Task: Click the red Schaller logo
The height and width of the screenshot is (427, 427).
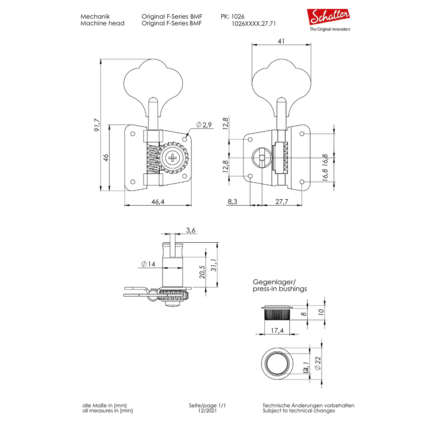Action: (x=328, y=17)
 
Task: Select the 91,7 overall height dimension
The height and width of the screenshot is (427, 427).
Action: (x=97, y=125)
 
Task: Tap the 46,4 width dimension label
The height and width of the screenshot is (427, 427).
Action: (x=158, y=201)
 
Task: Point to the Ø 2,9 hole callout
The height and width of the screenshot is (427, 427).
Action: (x=204, y=125)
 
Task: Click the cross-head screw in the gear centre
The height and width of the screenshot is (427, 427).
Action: (x=173, y=158)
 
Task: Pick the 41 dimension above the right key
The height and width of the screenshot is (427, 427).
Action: (x=281, y=41)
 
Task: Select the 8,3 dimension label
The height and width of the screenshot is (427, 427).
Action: (x=232, y=201)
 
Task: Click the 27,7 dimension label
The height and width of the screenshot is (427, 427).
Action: (x=281, y=201)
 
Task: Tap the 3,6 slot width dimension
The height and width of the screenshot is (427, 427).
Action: (x=191, y=230)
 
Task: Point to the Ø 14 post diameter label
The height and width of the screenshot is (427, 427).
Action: (x=148, y=264)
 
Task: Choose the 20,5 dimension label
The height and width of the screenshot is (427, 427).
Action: (x=202, y=272)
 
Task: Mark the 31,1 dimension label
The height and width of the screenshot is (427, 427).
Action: (x=214, y=265)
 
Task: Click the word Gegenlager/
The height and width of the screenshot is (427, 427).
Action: (x=274, y=282)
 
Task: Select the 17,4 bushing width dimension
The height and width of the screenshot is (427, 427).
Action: (x=277, y=330)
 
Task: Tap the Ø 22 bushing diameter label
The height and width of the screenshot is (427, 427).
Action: (x=318, y=363)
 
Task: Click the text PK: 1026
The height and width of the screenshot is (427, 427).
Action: (x=233, y=16)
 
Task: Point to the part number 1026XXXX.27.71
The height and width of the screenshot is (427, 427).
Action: (x=254, y=24)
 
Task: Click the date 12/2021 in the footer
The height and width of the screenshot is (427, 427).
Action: (x=208, y=411)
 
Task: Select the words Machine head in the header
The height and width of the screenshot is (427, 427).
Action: (x=103, y=23)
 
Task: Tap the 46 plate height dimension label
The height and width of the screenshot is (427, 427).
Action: (x=105, y=158)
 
